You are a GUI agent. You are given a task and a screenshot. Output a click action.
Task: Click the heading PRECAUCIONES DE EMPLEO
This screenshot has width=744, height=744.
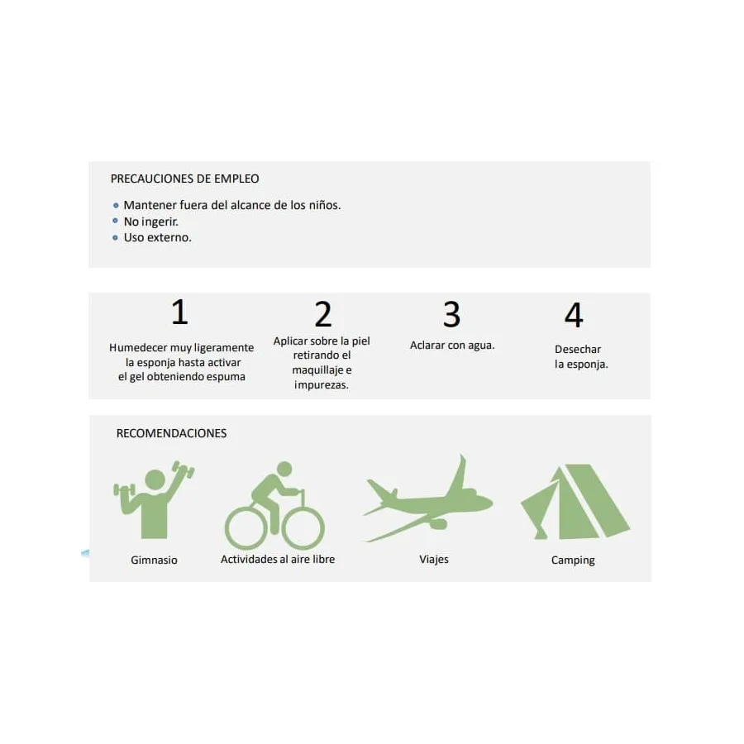tap(184, 179)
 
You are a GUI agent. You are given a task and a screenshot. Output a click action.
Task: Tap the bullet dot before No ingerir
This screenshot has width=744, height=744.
tap(115, 221)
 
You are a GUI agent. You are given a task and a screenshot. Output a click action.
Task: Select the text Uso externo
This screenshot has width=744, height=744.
tap(158, 237)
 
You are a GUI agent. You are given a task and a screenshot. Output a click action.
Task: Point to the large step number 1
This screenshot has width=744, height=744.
tap(180, 312)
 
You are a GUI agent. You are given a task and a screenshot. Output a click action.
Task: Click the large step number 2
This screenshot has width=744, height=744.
tap(323, 314)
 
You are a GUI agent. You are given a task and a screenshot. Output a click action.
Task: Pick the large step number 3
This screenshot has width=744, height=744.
tap(451, 314)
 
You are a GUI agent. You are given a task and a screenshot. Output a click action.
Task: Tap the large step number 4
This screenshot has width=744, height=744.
tap(574, 315)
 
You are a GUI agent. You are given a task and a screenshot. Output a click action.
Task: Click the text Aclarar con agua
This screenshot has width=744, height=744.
tap(452, 345)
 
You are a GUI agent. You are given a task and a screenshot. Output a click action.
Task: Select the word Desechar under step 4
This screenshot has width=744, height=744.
tap(578, 349)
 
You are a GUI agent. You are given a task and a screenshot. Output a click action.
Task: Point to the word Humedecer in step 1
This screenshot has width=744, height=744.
tap(138, 348)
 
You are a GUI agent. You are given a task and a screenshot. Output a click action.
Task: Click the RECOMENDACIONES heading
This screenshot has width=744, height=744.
tap(171, 433)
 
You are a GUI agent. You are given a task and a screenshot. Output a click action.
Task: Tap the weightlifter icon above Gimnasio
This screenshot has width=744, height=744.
tap(154, 499)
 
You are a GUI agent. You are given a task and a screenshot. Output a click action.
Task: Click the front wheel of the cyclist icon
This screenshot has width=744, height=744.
tap(303, 528)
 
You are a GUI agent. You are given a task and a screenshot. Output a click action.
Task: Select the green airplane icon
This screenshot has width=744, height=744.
tap(428, 499)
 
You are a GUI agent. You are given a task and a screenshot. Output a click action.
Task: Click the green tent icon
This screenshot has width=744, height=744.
tap(575, 502)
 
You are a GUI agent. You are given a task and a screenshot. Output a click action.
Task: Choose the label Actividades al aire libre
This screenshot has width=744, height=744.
tap(278, 560)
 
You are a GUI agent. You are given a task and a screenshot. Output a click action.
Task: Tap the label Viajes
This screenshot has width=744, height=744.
tap(434, 560)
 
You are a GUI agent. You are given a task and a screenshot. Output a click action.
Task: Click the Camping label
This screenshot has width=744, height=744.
tap(573, 560)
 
